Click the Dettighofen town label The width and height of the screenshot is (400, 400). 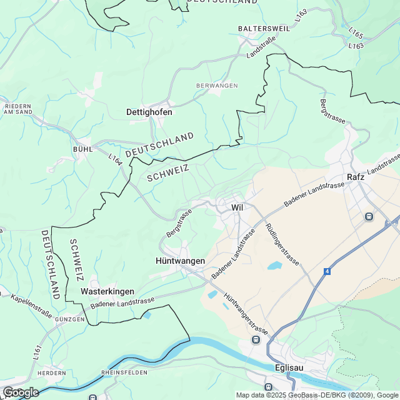[x=149, y=112]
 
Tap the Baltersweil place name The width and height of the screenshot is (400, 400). [x=262, y=29]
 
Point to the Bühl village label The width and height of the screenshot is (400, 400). [x=82, y=149]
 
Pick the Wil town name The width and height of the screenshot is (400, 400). [x=236, y=207]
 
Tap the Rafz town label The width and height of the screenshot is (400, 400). [x=356, y=177]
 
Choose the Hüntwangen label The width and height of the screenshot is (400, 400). [x=180, y=260]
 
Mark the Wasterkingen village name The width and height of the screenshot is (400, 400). [x=107, y=291]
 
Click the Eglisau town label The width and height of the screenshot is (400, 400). [x=289, y=367]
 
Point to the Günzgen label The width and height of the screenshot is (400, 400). [x=69, y=319]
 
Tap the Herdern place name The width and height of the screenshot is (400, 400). [x=51, y=373]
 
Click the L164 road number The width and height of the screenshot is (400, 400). [x=115, y=159]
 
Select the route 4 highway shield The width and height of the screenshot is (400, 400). [x=327, y=271]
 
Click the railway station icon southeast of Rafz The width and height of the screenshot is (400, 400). [x=369, y=216]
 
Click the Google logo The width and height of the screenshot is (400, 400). [x=20, y=392]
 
